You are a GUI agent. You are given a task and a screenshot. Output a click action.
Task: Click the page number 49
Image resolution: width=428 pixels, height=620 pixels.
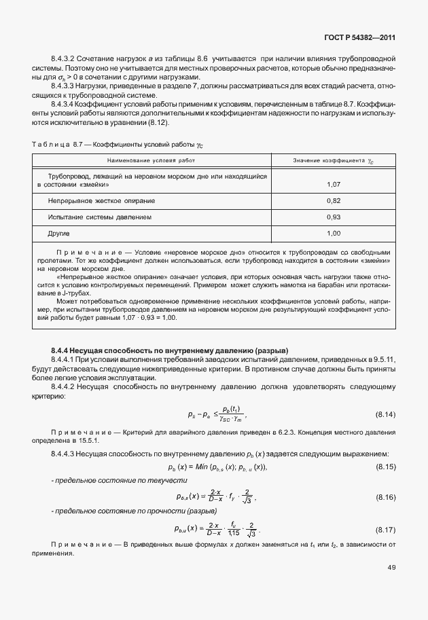click(391, 568)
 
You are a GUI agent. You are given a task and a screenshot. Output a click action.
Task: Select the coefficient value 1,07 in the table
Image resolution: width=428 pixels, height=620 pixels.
click(333, 185)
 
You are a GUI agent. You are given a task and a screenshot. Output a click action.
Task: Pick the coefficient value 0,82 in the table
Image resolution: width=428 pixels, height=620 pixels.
click(333, 201)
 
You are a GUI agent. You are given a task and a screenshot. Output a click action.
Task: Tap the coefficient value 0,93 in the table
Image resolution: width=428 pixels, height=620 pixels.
click(333, 217)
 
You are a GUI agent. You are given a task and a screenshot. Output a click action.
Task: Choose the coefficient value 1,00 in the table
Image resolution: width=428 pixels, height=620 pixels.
click(333, 234)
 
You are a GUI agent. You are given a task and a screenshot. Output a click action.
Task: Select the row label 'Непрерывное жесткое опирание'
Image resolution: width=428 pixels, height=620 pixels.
click(101, 201)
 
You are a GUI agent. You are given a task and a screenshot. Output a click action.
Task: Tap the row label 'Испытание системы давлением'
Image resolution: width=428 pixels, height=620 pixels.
click(100, 217)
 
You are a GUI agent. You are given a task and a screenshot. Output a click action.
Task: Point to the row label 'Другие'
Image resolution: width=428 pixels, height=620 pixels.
click(60, 234)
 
